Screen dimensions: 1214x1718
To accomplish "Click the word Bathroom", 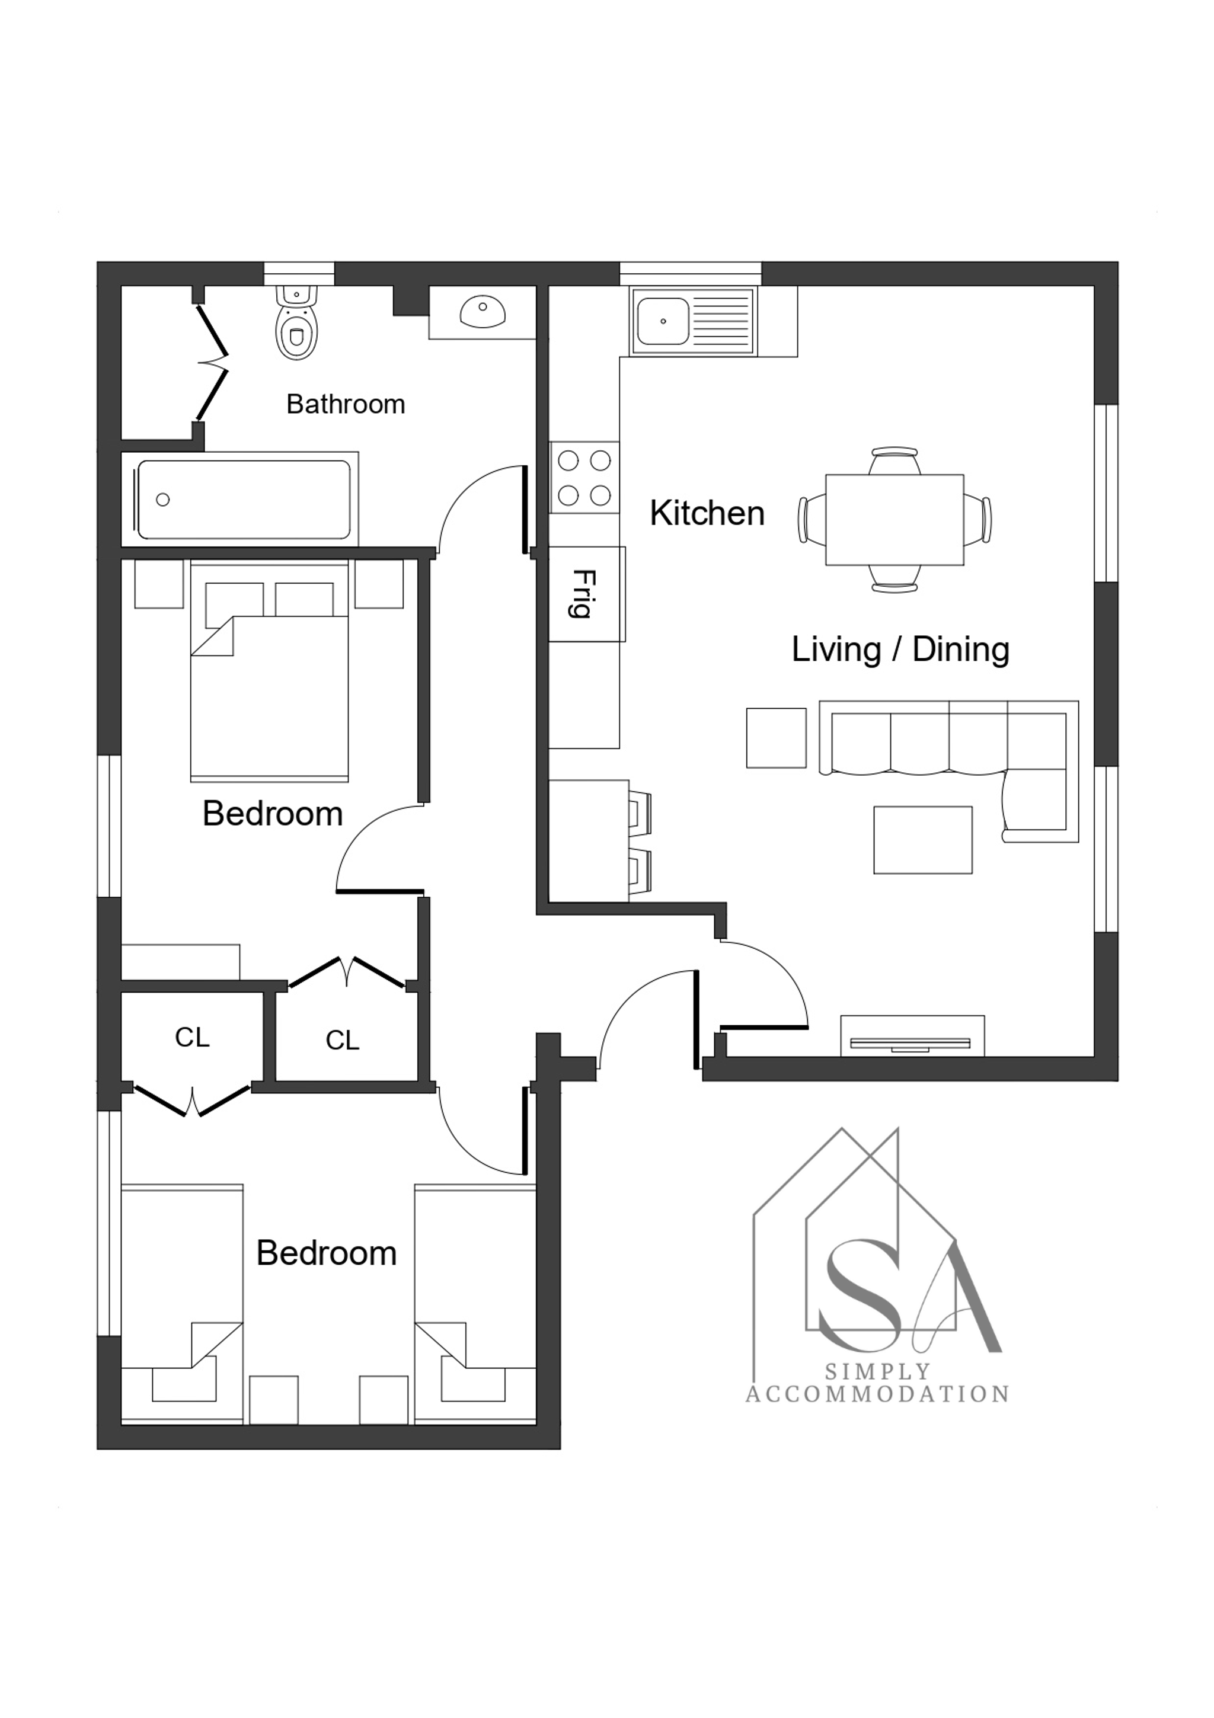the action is tap(346, 405).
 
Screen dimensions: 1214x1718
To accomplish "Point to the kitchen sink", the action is tap(692, 321).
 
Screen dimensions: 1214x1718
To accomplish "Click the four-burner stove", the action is tap(584, 476).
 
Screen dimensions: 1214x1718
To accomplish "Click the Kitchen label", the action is tap(707, 513).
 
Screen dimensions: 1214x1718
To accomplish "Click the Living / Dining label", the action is tap(900, 650).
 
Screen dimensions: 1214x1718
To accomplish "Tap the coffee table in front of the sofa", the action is tap(923, 840).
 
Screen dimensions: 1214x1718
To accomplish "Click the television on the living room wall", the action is tap(912, 1043).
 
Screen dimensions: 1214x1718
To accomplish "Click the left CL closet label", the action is tap(192, 1037).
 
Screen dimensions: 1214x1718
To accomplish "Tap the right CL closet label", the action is tap(343, 1040).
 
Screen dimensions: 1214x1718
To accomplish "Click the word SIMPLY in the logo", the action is tap(877, 1371).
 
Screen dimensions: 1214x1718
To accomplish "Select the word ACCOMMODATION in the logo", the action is tap(877, 1394).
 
